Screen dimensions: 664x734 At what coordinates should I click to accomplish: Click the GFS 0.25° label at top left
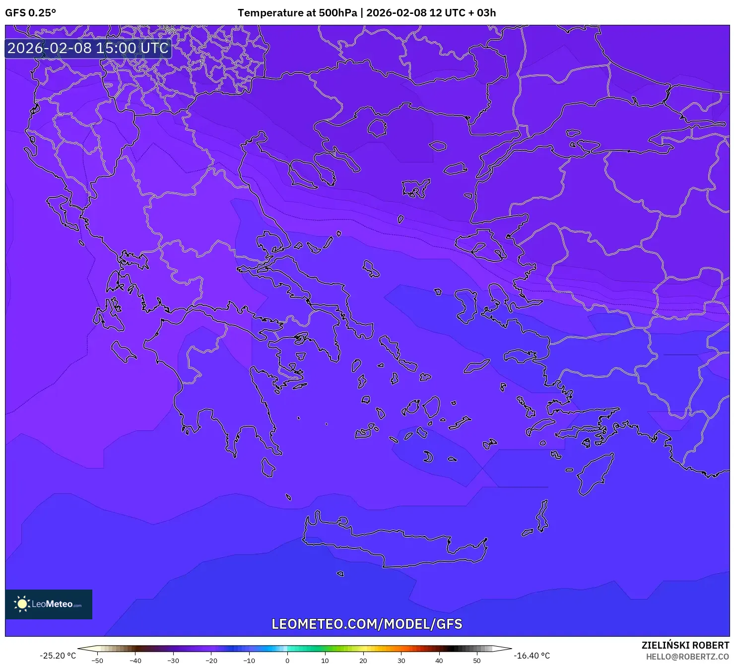(30, 13)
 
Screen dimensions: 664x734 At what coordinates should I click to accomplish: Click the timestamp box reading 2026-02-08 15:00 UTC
(88, 48)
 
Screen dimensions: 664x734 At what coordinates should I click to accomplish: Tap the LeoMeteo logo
(49, 604)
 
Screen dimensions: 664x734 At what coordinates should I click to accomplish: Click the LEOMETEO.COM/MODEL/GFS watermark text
(367, 624)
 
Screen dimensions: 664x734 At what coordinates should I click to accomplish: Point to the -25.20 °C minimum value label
(58, 656)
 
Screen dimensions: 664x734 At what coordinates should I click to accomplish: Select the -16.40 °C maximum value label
(532, 656)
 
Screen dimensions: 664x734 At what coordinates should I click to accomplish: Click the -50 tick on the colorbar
(97, 661)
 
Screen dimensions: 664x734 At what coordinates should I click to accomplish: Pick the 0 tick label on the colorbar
(287, 661)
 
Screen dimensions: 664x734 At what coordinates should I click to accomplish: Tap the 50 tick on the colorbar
(477, 661)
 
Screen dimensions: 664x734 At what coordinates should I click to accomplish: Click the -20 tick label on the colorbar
(211, 661)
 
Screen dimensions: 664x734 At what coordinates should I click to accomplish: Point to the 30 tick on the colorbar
(401, 661)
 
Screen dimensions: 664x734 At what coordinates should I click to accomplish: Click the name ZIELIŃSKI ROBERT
(685, 645)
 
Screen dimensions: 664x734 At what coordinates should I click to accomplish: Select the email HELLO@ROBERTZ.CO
(687, 657)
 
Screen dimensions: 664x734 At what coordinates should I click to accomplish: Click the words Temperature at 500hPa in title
(297, 13)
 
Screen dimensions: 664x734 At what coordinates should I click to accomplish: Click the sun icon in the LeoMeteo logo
(22, 603)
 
